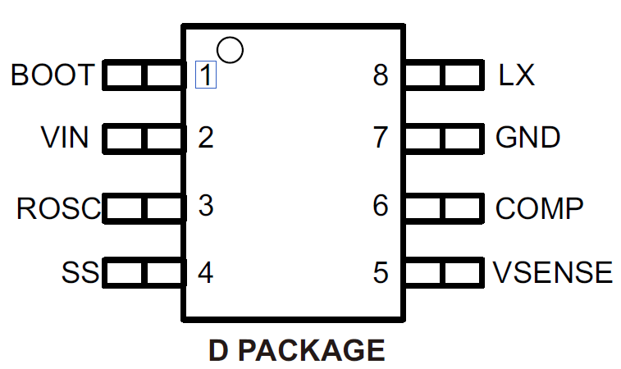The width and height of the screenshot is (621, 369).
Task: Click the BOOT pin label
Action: click(x=53, y=75)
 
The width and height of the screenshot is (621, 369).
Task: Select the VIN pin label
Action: click(x=65, y=137)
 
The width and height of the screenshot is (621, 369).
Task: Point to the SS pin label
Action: click(x=80, y=271)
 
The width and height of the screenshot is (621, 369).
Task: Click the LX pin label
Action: click(x=516, y=75)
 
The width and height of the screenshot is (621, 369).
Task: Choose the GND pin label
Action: click(x=528, y=137)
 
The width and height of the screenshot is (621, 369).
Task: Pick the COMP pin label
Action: click(x=540, y=208)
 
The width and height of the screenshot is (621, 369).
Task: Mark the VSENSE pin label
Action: click(x=553, y=271)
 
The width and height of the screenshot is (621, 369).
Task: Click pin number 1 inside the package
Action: click(x=206, y=75)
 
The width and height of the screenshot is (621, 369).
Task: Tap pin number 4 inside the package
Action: click(x=206, y=271)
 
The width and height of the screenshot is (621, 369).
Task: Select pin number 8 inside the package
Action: click(x=380, y=75)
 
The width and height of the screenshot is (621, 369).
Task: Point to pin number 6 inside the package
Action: click(x=380, y=206)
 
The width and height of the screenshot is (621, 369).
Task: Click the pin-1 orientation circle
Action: click(x=231, y=50)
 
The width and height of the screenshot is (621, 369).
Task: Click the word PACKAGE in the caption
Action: click(x=317, y=350)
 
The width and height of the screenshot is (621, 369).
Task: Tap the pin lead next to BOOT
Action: click(x=143, y=76)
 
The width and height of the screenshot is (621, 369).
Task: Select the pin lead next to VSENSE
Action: click(x=443, y=271)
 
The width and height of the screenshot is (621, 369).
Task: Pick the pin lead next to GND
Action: click(x=443, y=138)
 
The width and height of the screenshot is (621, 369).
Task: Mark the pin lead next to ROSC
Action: click(x=143, y=208)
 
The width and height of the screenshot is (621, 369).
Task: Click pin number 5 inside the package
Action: click(x=380, y=271)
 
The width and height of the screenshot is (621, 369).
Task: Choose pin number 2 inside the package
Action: click(x=206, y=137)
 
